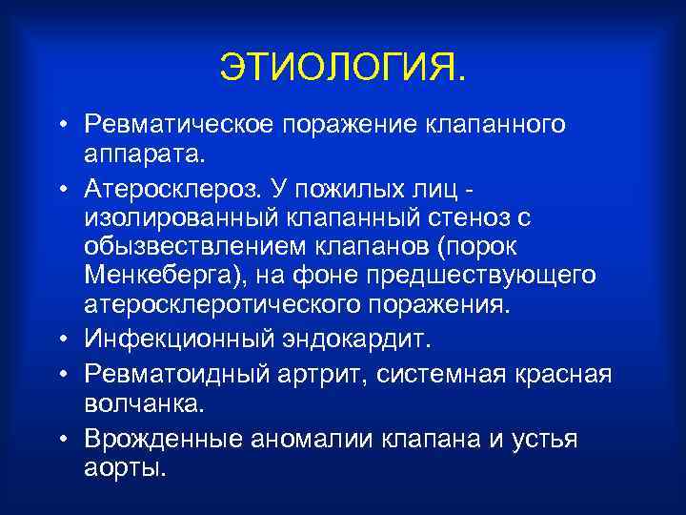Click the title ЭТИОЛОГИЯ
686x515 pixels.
coord(344,66)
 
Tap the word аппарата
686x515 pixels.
coord(143,154)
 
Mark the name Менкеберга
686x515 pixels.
coord(162,278)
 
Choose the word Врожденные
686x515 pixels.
coord(164,439)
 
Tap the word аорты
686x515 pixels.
coord(125,469)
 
